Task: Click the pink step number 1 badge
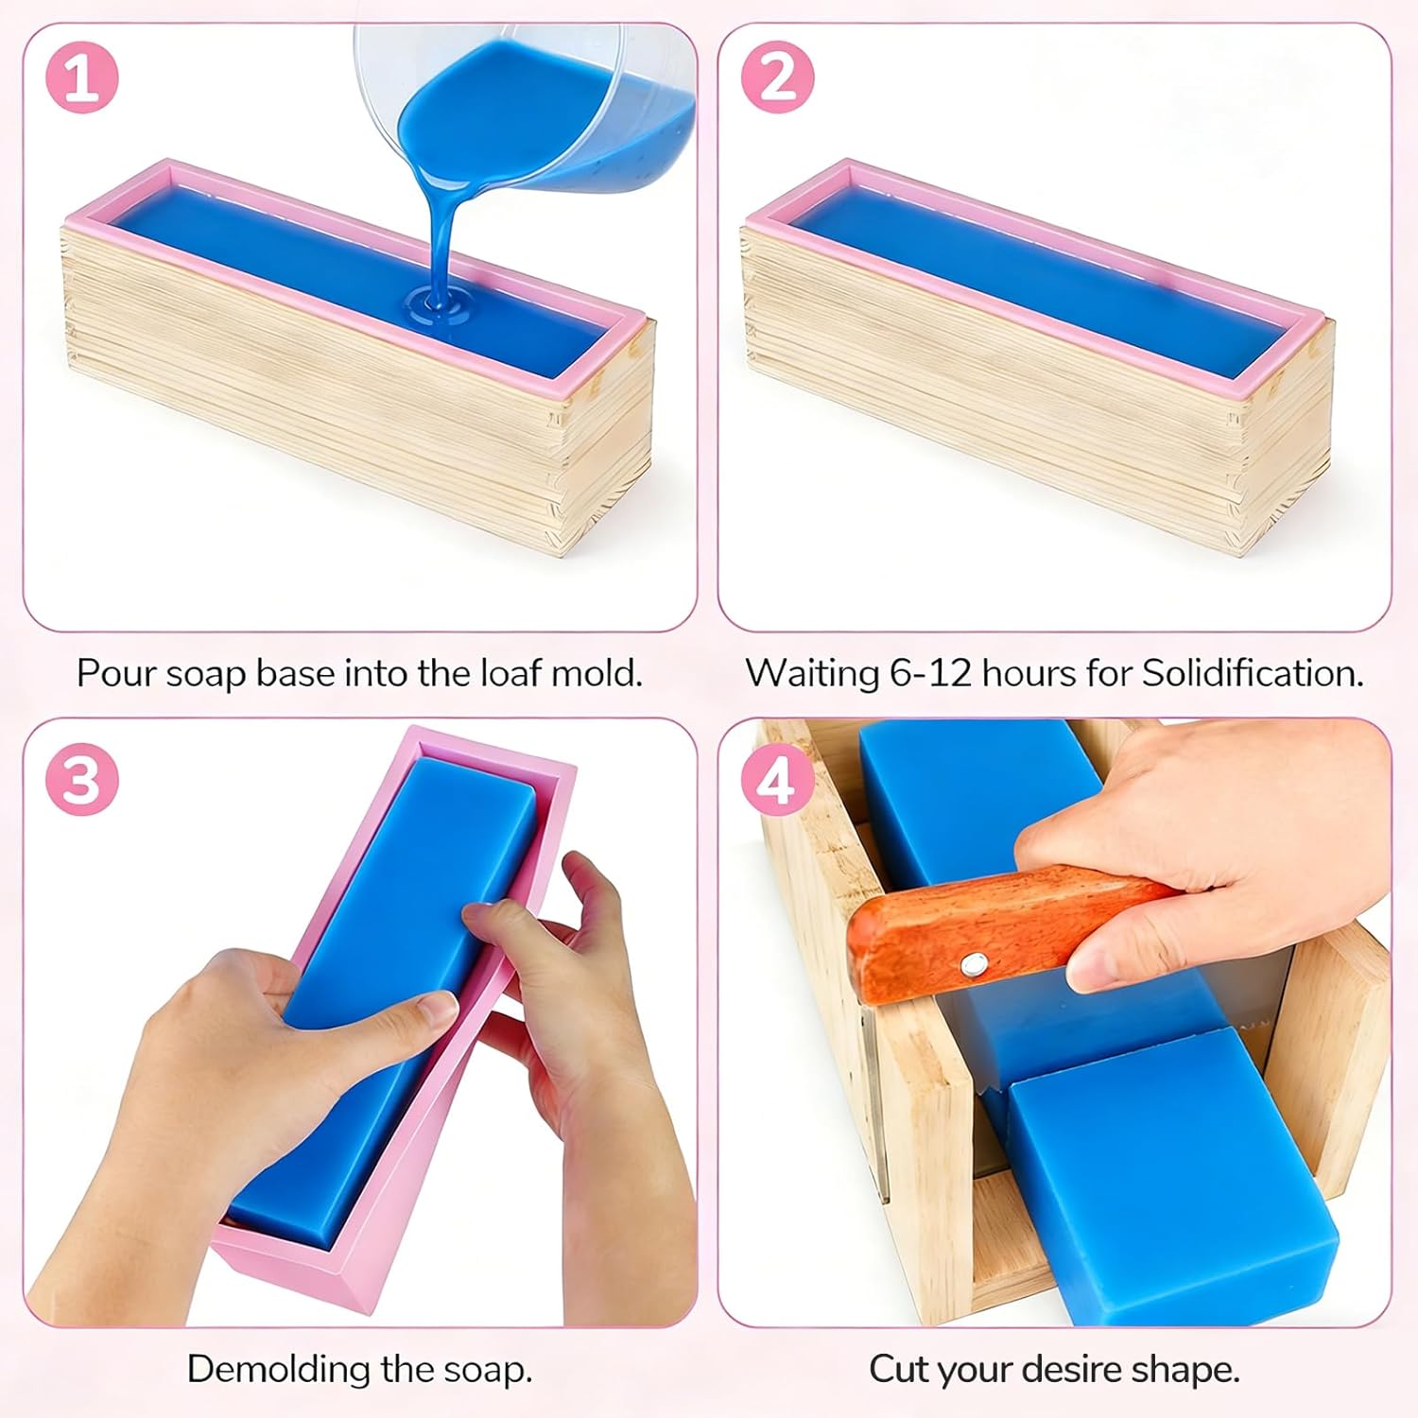[82, 77]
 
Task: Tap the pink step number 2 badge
[777, 77]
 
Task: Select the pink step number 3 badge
[82, 781]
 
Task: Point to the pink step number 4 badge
[777, 781]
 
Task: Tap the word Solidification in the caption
[1253, 673]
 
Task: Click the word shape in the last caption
[1190, 1370]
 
